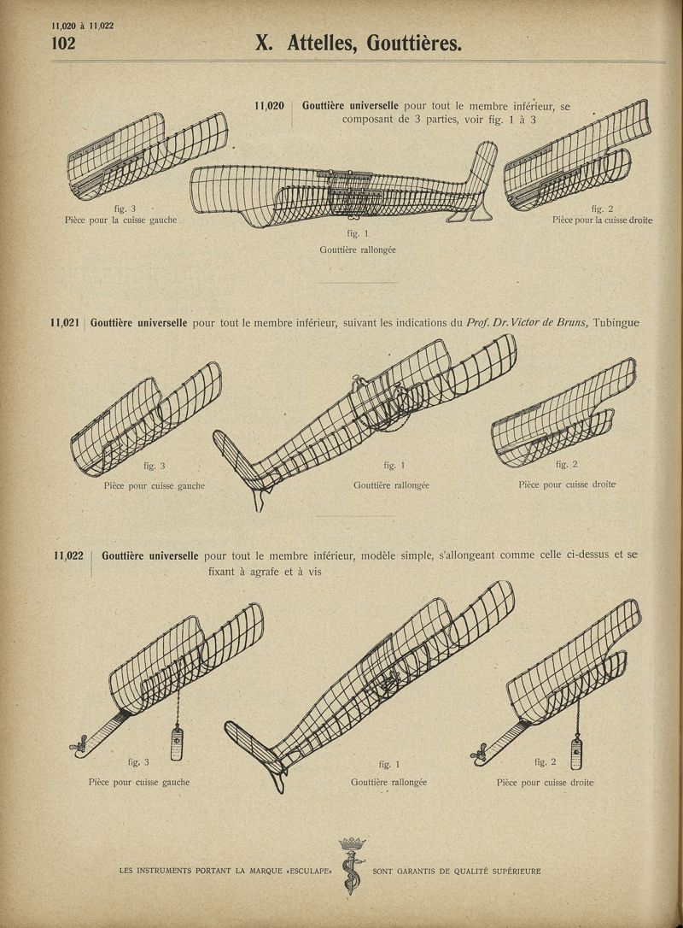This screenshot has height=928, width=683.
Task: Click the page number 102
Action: [x=63, y=43]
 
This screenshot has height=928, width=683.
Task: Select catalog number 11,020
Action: [x=269, y=106]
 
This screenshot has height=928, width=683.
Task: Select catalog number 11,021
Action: [x=65, y=323]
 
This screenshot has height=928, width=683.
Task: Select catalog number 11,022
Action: [x=68, y=555]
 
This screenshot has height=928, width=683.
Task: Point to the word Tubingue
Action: [x=616, y=323]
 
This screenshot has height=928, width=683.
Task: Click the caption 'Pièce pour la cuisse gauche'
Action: [x=120, y=220]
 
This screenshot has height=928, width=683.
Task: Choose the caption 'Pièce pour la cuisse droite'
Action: [x=603, y=220]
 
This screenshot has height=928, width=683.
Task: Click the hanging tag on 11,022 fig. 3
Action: [x=176, y=744]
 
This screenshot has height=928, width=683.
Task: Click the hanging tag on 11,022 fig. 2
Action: [x=576, y=754]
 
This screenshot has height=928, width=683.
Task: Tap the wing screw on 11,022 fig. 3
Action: [x=79, y=748]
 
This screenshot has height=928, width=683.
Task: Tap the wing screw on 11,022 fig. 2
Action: [x=479, y=753]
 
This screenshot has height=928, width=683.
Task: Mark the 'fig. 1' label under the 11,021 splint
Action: [x=394, y=465]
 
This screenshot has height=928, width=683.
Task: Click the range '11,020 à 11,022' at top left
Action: [x=83, y=26]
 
